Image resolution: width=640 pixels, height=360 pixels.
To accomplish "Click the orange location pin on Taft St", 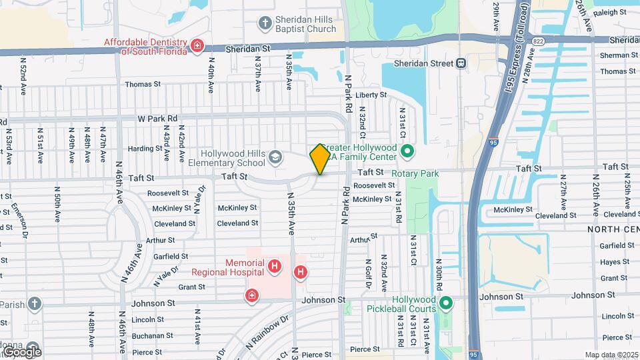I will click(x=320, y=159).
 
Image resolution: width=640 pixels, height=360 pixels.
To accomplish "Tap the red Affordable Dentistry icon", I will click(x=197, y=45).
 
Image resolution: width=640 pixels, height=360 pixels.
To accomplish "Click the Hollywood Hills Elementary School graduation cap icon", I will click(x=275, y=157).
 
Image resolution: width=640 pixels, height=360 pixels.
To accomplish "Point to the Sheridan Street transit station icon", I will click(x=461, y=63).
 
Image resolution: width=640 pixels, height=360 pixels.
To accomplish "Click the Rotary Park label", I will click(x=415, y=174).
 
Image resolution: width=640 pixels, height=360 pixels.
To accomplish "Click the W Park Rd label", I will click(x=157, y=119).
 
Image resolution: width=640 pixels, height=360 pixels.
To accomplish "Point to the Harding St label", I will click(x=141, y=149).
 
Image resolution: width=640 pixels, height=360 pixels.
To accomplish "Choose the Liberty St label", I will click(x=371, y=95).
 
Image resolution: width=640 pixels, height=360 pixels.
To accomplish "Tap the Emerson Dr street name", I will click(x=19, y=221).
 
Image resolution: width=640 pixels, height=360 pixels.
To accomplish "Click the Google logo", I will click(x=22, y=351).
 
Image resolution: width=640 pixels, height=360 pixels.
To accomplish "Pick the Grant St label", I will click(x=191, y=287).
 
